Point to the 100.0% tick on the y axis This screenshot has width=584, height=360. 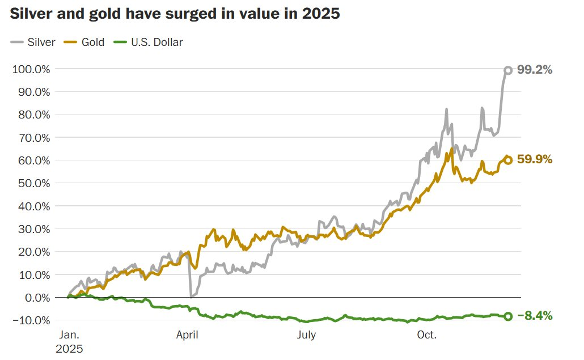31,69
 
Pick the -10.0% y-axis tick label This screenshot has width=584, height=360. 31,320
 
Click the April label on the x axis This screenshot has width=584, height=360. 187,335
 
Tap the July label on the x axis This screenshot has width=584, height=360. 307,335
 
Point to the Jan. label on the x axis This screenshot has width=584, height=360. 69,335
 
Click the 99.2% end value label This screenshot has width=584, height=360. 535,70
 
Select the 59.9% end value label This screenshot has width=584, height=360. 535,160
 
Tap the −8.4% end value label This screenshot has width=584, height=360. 535,316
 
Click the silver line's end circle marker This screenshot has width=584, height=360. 508,70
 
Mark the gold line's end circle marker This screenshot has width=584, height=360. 508,160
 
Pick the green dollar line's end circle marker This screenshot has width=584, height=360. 508,316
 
